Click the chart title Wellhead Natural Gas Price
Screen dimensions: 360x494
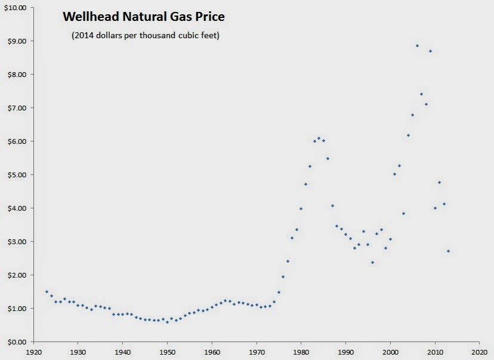coord(144,17)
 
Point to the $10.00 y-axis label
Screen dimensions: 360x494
coord(14,8)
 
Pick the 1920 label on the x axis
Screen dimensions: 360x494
coord(33,353)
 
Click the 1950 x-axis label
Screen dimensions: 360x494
coord(167,353)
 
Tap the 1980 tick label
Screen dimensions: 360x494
coord(301,353)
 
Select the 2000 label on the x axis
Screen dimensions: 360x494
coord(390,353)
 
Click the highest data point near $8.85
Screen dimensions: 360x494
coord(417,46)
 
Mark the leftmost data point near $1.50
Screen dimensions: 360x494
coord(47,292)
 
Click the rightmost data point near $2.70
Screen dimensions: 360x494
coord(448,251)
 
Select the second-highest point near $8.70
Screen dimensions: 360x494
coord(430,51)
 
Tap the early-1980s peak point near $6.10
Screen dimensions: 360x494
coord(319,138)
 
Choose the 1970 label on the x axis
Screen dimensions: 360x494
coord(257,353)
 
